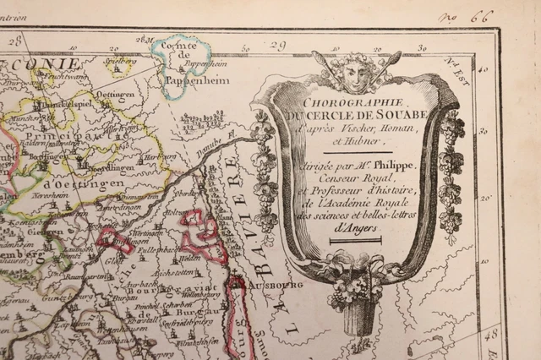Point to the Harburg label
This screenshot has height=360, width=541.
pyautogui.click(x=157, y=156)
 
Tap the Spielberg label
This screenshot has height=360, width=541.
pyautogui.click(x=121, y=63)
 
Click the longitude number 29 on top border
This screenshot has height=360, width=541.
pyautogui.click(x=280, y=44)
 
